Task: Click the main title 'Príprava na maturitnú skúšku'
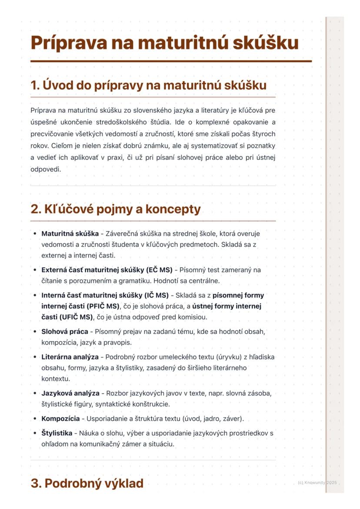pos(164,43)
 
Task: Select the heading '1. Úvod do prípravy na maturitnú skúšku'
pos(148,85)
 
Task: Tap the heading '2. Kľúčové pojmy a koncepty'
pos(116,209)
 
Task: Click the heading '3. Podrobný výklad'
pos(87,483)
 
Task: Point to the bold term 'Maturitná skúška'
pos(70,233)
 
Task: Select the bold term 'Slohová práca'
pos(65,331)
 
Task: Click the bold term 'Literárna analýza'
pos(70,357)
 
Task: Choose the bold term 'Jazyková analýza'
pos(70,393)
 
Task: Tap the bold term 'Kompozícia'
pos(60,419)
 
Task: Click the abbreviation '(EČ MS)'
pos(160,270)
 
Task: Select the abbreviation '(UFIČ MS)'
pos(78,317)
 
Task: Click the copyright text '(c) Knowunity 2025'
pos(317,482)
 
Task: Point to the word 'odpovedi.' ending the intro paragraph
pos(46,169)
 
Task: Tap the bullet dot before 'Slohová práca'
pos(34,332)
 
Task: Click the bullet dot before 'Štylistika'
pos(34,433)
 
